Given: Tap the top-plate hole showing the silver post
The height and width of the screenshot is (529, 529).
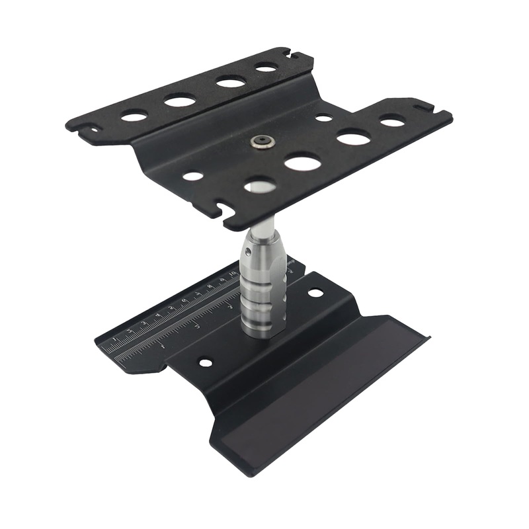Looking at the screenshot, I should tap(260, 186).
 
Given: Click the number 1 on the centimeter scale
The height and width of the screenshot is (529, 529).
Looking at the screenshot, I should tap(115, 341).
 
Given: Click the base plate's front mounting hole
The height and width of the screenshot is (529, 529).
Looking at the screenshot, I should tap(206, 362).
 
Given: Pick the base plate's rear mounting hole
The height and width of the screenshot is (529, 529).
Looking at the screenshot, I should tap(315, 292).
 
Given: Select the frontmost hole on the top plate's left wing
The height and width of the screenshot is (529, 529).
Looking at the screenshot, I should tap(134, 116).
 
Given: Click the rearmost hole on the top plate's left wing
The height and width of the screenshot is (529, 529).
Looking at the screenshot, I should tap(266, 67).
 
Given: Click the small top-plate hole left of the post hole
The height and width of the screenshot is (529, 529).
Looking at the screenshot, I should tap(193, 177).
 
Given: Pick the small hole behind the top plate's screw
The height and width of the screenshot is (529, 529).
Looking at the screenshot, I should tap(324, 118).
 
